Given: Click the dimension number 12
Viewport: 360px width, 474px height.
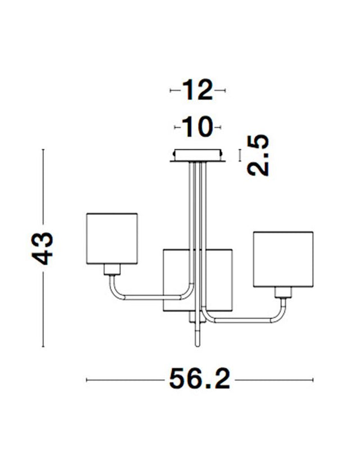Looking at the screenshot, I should [197, 90].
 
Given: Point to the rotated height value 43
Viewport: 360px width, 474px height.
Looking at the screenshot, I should [43, 247].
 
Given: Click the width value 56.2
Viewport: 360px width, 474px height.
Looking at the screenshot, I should [200, 381].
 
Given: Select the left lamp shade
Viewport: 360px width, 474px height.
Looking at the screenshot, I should [112, 237].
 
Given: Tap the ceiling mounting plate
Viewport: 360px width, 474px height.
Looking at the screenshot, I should [197, 155].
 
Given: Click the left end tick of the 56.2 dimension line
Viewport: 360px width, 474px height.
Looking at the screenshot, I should [86, 381].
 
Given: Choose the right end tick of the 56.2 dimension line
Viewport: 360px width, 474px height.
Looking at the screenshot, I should [313, 381].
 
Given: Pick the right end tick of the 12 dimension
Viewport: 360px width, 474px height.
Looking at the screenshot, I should [224, 90].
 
